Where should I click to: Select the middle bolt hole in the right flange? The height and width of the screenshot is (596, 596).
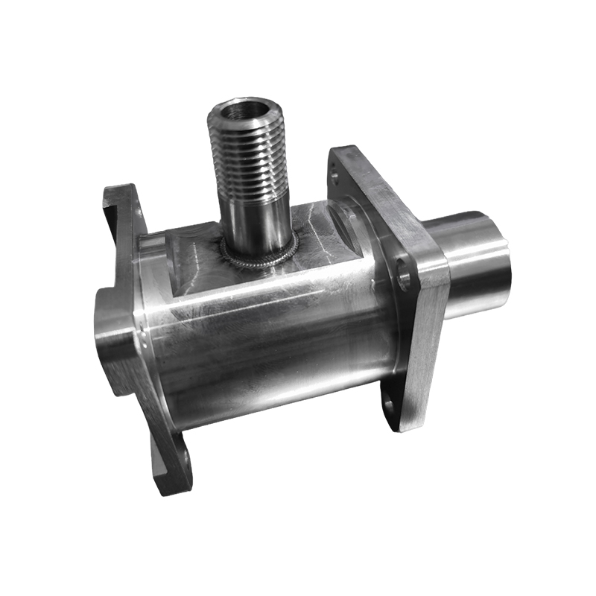pos(405,276)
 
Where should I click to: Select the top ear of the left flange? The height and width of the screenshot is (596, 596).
pos(119,209)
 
